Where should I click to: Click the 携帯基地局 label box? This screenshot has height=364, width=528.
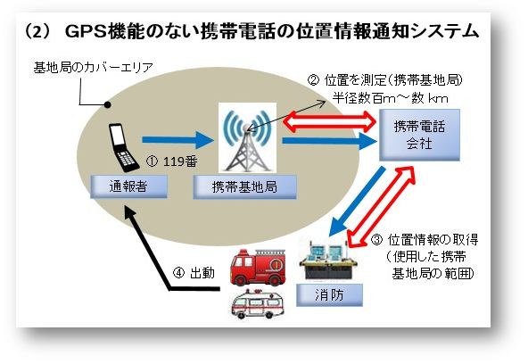(x=243, y=186)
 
